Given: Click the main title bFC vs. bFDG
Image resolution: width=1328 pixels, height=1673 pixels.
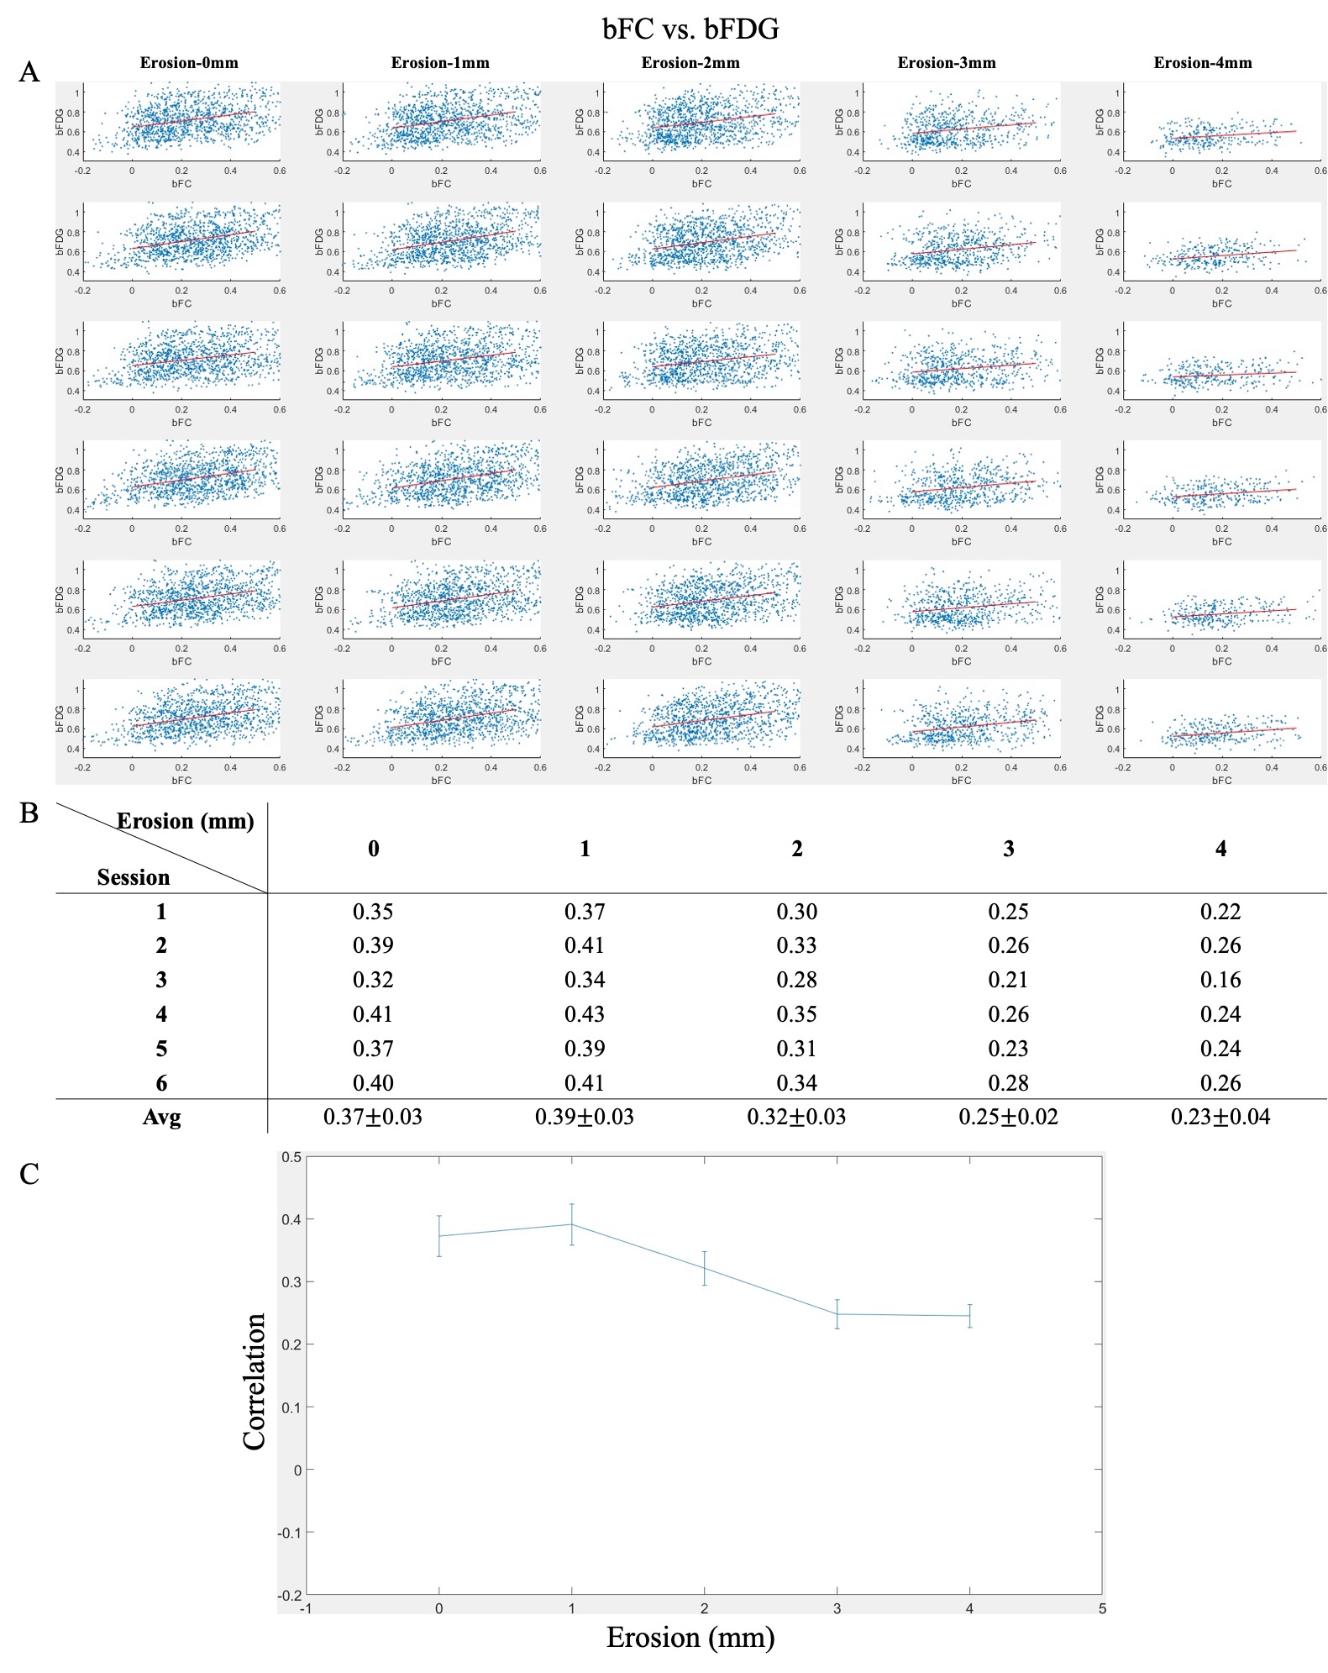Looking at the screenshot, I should [x=690, y=29].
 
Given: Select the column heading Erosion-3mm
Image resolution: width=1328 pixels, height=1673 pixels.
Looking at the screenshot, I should [x=946, y=63].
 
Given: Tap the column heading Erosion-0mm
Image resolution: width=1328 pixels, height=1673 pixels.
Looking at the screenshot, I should [x=189, y=63].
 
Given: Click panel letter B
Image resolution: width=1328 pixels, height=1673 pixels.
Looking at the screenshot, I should [x=29, y=813].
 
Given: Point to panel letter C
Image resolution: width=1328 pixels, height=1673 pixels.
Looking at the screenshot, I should [x=29, y=1173].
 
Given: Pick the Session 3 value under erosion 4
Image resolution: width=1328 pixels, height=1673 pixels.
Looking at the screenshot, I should [x=1220, y=980].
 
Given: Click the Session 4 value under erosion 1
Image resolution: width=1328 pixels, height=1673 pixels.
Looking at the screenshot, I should [x=585, y=1014].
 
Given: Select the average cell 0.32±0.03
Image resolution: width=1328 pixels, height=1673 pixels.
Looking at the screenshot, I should [x=796, y=1117].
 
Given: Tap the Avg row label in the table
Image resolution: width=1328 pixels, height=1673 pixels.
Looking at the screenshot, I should [x=161, y=1118].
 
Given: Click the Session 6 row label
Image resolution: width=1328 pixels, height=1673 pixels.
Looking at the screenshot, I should [x=161, y=1083].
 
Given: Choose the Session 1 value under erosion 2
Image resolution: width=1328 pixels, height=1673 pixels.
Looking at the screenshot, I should [x=796, y=912].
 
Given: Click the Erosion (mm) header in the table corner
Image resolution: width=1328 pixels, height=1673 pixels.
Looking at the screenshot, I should [x=185, y=821].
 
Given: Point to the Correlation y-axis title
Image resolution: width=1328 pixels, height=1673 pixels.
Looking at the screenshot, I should [x=254, y=1381].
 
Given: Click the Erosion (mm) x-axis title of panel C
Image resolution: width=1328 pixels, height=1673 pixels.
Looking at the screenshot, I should [x=690, y=1638].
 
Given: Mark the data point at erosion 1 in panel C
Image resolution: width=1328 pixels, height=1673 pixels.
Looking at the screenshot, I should [x=572, y=1224].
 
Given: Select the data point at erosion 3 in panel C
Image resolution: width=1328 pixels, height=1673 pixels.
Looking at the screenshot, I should [x=837, y=1314].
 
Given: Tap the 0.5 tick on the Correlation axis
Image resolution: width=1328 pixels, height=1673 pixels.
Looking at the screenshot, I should [x=291, y=1157].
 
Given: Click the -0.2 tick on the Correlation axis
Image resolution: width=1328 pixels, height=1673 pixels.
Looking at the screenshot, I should [x=290, y=1595].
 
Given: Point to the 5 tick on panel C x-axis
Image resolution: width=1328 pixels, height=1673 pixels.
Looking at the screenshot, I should [x=1102, y=1609].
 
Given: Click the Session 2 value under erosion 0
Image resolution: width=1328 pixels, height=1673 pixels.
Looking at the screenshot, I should [x=373, y=945].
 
